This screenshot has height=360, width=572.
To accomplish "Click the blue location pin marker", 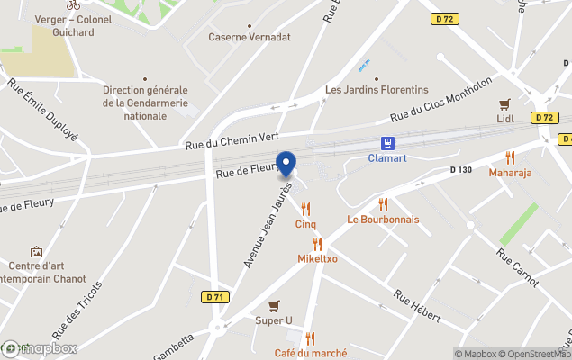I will pos(286,165).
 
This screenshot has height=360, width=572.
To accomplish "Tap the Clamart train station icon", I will pos(388,143).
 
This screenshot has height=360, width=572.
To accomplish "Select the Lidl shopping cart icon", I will pos(505,103).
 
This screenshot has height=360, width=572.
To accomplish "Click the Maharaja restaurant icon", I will pos(510,157).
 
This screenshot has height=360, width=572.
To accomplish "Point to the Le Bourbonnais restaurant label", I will pos(383,220).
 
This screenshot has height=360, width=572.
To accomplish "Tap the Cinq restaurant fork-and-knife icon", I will pos(305,210).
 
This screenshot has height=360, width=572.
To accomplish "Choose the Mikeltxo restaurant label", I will pos(317,258).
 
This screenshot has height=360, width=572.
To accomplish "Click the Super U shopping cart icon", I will pos(274,306).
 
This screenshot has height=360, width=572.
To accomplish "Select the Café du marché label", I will pos(311,353).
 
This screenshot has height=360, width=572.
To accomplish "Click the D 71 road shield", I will pos(213,297).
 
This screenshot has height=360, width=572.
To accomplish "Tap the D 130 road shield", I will pos(460,170).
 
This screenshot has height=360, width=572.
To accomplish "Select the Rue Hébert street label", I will pos(416,306).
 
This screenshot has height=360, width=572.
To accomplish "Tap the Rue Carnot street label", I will pos(518,267).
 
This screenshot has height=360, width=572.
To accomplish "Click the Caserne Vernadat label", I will pos(250,37).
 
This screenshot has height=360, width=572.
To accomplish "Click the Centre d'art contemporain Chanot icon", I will pos(36,252).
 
